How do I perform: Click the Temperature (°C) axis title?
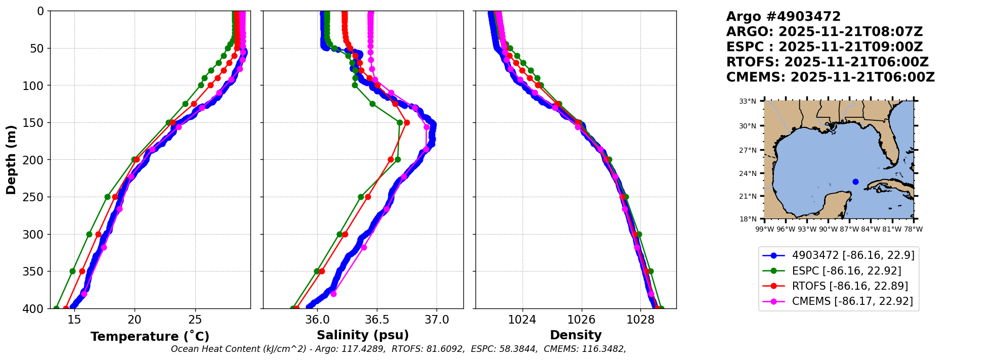(x=150, y=337)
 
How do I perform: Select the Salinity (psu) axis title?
(x=363, y=335)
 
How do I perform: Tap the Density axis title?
(x=576, y=335)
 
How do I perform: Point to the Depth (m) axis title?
(x=11, y=159)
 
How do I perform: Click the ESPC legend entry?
(x=846, y=271)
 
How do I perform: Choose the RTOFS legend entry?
(x=850, y=286)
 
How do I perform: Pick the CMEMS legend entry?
(x=852, y=301)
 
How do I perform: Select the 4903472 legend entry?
(x=853, y=256)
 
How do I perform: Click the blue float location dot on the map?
(x=855, y=182)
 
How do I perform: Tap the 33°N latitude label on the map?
(x=748, y=101)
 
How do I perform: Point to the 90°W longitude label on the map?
(x=828, y=229)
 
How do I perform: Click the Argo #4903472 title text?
(x=783, y=17)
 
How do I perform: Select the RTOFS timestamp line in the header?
(x=827, y=62)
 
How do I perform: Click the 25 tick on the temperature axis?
(x=195, y=320)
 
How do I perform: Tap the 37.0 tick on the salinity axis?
(x=437, y=320)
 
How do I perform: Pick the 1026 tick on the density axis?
(x=581, y=320)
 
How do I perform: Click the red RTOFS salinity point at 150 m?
(x=407, y=122)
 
